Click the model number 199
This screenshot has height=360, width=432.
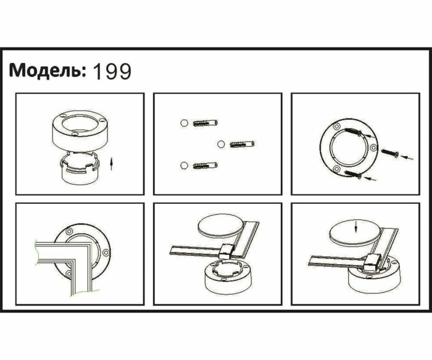[112, 72]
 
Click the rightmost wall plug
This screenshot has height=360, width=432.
[242, 144]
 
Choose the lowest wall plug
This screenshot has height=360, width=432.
[203, 165]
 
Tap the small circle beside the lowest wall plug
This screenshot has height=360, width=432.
[183, 165]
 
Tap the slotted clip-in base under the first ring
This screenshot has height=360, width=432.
[80, 169]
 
